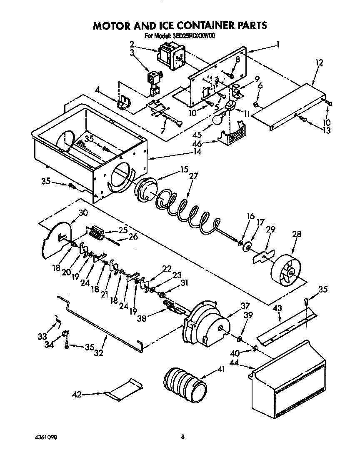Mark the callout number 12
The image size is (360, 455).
click(x=319, y=63)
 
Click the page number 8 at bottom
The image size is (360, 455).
click(x=182, y=437)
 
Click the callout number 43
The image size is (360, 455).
click(x=277, y=308)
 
